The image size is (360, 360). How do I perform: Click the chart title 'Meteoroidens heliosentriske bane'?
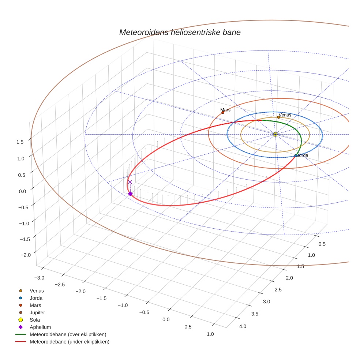[x=180, y=32]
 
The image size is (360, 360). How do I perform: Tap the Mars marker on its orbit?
[x=223, y=112]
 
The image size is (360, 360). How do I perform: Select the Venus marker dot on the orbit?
[x=278, y=117]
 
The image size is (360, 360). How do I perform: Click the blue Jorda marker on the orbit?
[x=296, y=156]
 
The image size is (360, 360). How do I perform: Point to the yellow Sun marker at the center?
[x=275, y=135]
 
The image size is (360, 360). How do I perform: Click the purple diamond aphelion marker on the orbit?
[x=130, y=194]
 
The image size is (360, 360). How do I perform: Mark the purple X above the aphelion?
[x=130, y=182]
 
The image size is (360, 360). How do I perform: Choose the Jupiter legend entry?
[x=37, y=312]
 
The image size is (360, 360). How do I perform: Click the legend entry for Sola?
[x=35, y=320]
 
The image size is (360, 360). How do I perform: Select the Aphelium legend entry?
[x=40, y=327]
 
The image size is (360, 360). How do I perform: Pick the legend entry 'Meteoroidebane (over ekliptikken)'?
[x=68, y=334]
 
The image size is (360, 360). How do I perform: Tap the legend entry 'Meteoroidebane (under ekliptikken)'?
[x=70, y=342]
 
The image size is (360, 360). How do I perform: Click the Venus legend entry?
[x=37, y=290]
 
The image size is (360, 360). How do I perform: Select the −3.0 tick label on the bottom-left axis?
[x=39, y=278]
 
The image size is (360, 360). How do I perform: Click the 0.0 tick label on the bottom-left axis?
[x=166, y=319]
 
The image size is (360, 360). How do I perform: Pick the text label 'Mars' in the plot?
[x=225, y=110]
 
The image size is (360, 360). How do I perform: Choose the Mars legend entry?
[x=35, y=305]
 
